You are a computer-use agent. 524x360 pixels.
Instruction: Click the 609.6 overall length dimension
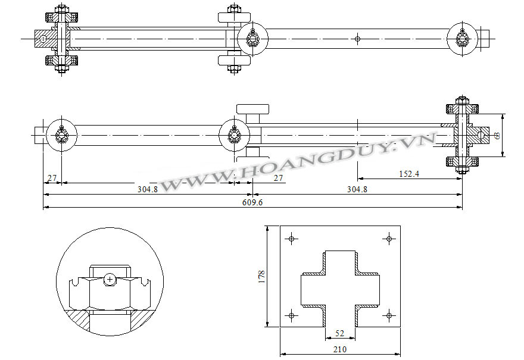[x=252, y=202]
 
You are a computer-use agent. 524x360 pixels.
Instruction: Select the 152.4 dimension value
[x=409, y=174]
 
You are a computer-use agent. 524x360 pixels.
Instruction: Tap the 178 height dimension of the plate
[x=261, y=277]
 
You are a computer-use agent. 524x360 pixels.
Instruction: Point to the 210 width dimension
[x=340, y=349]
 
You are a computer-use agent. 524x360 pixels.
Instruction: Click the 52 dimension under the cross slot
[x=339, y=333]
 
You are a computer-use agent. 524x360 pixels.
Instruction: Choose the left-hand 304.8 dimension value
[x=148, y=189]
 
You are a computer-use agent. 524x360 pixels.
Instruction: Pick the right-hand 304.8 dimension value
[x=357, y=189]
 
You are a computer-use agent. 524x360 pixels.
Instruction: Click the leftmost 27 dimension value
[x=52, y=178]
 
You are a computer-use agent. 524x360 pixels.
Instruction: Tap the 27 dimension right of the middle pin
[x=278, y=178]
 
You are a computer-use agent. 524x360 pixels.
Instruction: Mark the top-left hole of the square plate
[x=291, y=239]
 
